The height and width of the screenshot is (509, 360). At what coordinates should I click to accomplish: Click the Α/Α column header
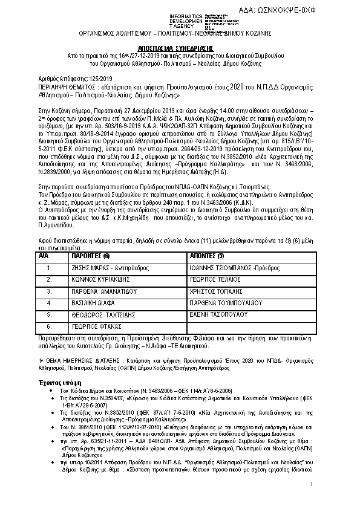tap(44, 257)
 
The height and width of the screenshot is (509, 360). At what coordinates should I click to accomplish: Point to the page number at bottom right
tap(310, 484)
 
